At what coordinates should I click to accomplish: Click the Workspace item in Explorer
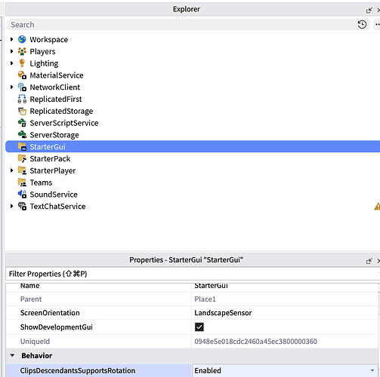point(49,39)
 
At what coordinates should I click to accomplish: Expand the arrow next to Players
point(11,51)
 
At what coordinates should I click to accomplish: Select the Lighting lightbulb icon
point(22,63)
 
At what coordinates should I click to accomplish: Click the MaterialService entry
point(57,75)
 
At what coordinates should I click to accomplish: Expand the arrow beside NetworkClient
point(11,87)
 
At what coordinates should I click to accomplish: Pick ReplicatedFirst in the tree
point(56,99)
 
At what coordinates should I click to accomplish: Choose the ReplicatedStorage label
point(61,111)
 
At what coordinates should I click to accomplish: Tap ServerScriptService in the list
point(64,123)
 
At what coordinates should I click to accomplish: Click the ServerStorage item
point(54,135)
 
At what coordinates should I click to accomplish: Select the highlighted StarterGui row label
point(48,146)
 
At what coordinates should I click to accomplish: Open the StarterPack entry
point(50,158)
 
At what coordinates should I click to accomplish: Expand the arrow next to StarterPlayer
point(11,170)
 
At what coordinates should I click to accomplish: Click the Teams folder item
point(41,182)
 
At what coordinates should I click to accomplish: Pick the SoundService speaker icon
point(22,194)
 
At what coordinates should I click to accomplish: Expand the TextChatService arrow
point(11,206)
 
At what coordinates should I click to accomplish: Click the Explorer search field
point(181,25)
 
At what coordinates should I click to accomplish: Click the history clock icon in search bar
point(362,24)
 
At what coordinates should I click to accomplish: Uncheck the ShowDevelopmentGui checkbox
point(199,327)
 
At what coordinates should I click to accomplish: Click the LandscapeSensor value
point(223,313)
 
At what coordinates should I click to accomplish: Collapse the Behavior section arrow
point(12,355)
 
